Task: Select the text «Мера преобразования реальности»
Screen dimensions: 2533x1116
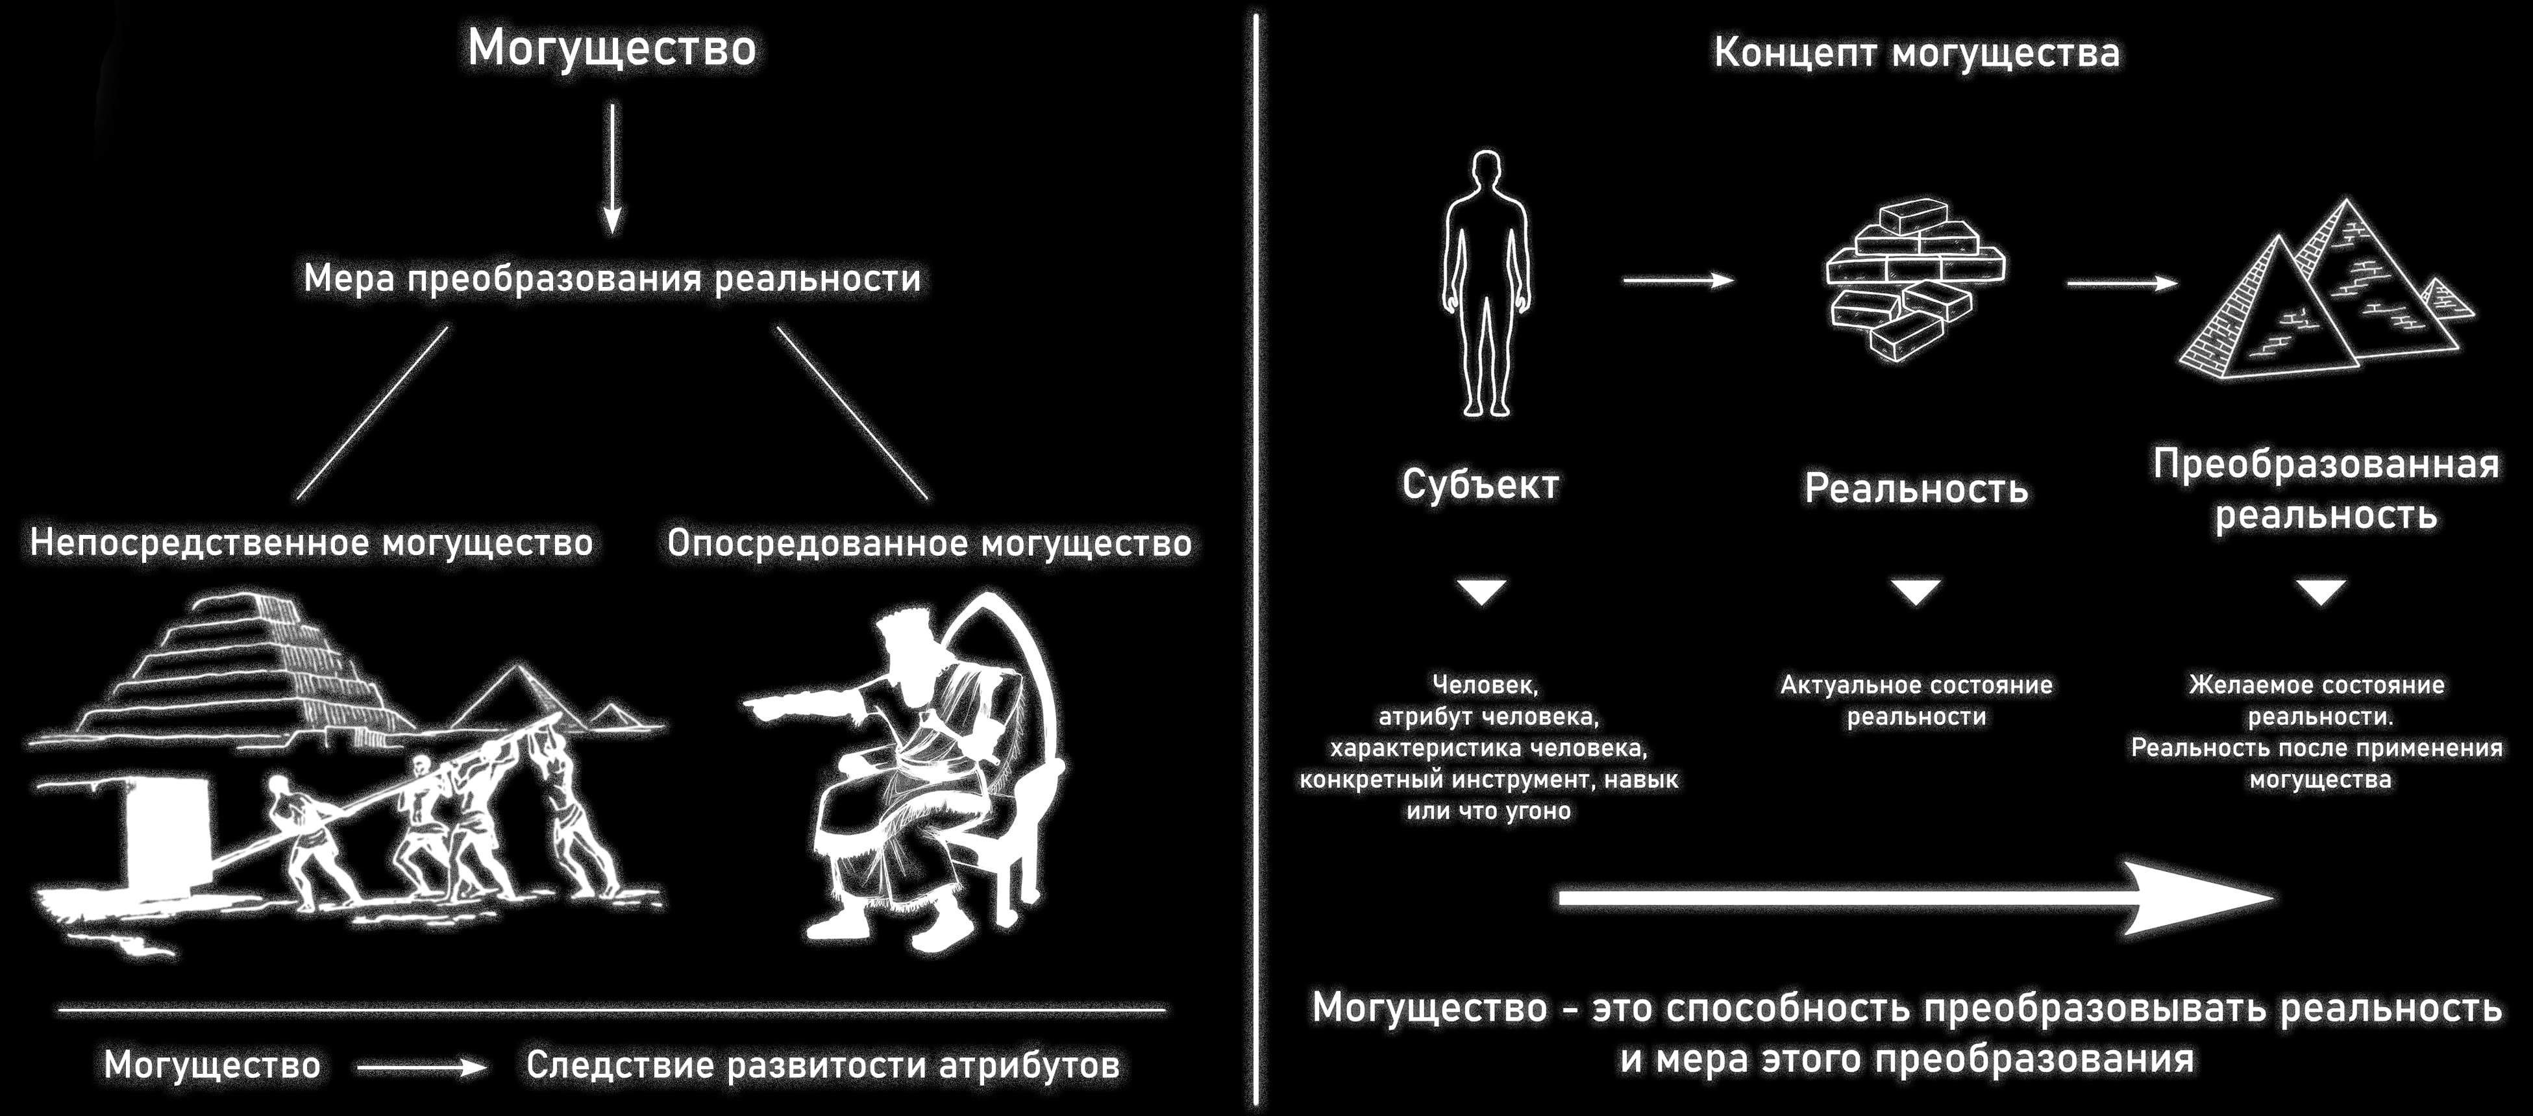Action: point(612,279)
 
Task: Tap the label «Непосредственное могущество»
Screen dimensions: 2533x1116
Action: point(311,543)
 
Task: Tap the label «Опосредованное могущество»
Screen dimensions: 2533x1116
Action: point(929,543)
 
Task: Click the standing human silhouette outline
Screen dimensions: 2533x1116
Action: point(1486,283)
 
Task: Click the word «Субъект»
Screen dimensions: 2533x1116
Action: point(1481,485)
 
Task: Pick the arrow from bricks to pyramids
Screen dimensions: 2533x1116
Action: point(2122,282)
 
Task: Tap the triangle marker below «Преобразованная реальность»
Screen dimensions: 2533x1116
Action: point(2321,591)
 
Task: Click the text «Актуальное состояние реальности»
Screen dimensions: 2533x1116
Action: point(1916,700)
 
